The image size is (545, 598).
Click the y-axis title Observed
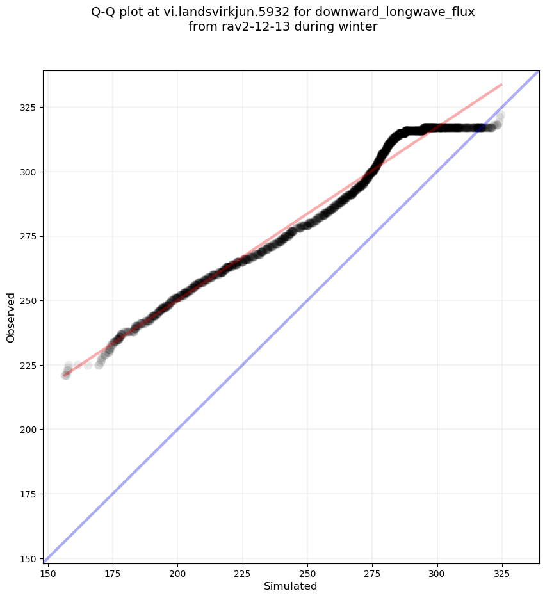[x=11, y=317]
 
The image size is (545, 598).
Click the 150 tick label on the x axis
[x=48, y=571]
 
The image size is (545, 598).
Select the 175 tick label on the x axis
[x=113, y=571]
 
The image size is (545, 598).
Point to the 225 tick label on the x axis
[x=243, y=571]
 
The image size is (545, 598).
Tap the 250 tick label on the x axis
[x=307, y=571]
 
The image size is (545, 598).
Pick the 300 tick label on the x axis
[x=437, y=571]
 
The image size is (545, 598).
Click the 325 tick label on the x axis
[x=502, y=571]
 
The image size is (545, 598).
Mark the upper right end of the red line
[x=502, y=84]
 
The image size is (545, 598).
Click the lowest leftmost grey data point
[x=65, y=375]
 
